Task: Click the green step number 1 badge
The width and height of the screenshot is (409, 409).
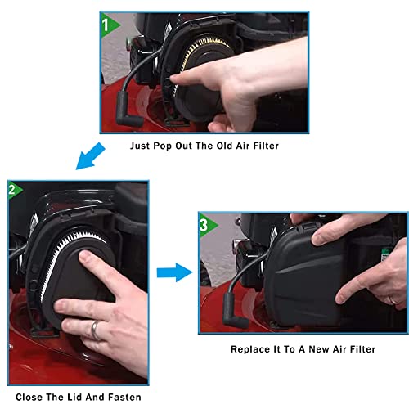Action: pos(109,25)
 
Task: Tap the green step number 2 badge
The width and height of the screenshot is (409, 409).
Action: pos(14,189)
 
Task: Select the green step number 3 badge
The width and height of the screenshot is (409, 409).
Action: pos(206,225)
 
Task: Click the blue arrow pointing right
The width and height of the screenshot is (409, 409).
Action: pos(174,272)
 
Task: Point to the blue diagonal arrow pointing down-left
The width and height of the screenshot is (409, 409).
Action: pos(90,156)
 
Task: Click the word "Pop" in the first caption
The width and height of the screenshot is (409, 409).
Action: pos(162,146)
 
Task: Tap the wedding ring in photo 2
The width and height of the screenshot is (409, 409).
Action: pos(95,330)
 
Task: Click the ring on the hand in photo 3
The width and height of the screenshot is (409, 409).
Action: pos(393,300)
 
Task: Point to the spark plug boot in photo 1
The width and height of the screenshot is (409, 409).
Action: pos(128,110)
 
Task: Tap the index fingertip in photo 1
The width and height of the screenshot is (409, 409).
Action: pos(174,79)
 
